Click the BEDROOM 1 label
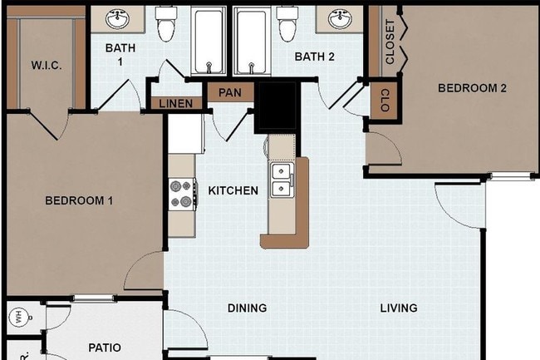pyautogui.click(x=79, y=200)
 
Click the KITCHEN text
pyautogui.click(x=233, y=191)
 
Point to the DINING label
pyautogui.click(x=247, y=308)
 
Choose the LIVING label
pyautogui.click(x=399, y=308)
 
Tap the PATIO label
pyautogui.click(x=105, y=348)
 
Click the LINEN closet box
pyautogui.click(x=175, y=104)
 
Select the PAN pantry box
pyautogui.click(x=229, y=91)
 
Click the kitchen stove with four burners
pyautogui.click(x=180, y=194)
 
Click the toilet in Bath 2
pyautogui.click(x=287, y=25)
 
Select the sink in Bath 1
pyautogui.click(x=116, y=17)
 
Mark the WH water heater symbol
pyautogui.click(x=17, y=316)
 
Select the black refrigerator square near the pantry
pyautogui.click(x=277, y=106)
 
